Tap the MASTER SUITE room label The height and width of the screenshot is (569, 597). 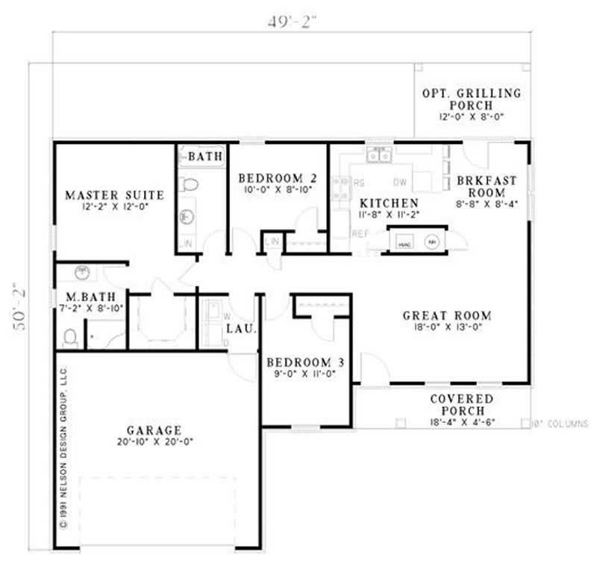[x=114, y=195]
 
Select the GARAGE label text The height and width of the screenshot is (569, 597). [x=154, y=430]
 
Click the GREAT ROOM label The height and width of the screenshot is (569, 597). [x=447, y=315]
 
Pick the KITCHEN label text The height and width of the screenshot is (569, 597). [x=389, y=203]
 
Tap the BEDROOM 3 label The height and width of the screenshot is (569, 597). [x=305, y=362]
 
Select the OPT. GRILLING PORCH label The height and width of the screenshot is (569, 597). [x=472, y=99]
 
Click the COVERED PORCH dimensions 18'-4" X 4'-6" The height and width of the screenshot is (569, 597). [x=462, y=422]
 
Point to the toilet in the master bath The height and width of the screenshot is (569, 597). [x=70, y=338]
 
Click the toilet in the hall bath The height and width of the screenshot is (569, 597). [x=190, y=184]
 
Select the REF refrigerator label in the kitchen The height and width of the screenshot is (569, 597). [x=360, y=233]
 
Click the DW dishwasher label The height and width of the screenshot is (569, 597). [x=400, y=182]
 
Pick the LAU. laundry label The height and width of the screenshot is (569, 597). [x=246, y=328]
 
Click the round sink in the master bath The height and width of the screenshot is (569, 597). [x=83, y=271]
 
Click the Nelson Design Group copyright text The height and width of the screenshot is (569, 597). [x=64, y=447]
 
